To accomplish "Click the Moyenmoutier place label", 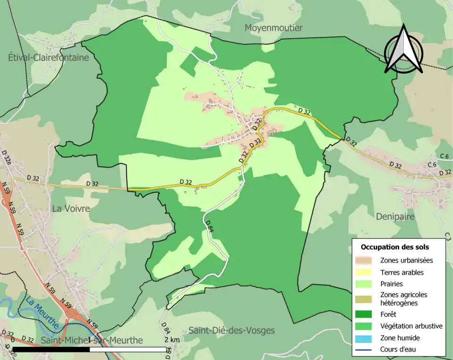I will pos(273,28).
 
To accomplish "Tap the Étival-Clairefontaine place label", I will pos(49,58).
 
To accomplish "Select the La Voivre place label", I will pos(71,208).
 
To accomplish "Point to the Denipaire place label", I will pos(395,216).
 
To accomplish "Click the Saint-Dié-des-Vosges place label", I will pos(231,330).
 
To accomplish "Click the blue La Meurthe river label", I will pos(42,312).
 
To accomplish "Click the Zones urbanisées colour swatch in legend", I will pos(365,260).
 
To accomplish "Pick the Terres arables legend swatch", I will pos(365,272).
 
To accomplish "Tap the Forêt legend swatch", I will pos(365,314).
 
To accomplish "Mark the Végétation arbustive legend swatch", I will pos(365,326).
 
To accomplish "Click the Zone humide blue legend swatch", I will pos(365,338).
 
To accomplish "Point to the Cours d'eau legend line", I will pos(365,350).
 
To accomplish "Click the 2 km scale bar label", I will pos(172,340).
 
